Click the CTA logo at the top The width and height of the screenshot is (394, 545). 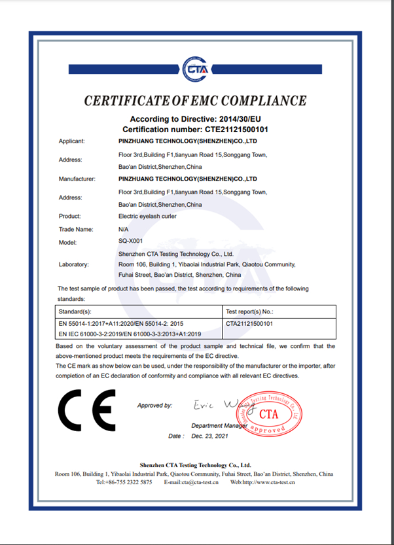tap(196, 68)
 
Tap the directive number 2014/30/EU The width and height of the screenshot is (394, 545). tap(234, 119)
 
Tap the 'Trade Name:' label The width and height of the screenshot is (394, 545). tap(76, 229)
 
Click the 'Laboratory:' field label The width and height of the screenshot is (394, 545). tap(75, 264)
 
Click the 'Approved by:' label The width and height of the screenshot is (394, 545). tap(154, 406)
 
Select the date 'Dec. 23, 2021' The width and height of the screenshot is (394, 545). tap(211, 435)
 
